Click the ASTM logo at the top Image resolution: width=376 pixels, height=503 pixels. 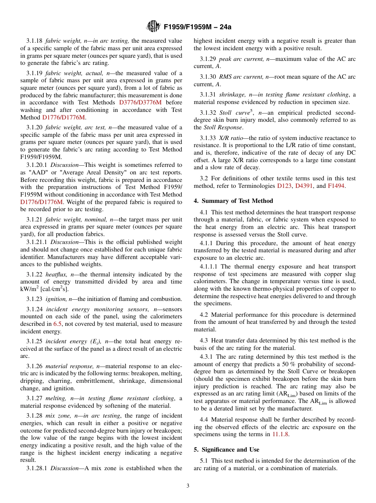pos(153,26)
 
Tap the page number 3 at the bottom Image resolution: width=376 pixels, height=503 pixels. pos(188,486)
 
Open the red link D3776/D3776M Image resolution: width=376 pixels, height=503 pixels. pos(140,102)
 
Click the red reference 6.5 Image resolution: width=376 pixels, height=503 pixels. pos(57,324)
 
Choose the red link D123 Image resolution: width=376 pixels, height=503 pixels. pos(285,186)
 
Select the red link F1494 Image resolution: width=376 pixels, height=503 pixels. pos(336,186)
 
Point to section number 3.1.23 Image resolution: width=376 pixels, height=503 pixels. pos(35,299)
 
